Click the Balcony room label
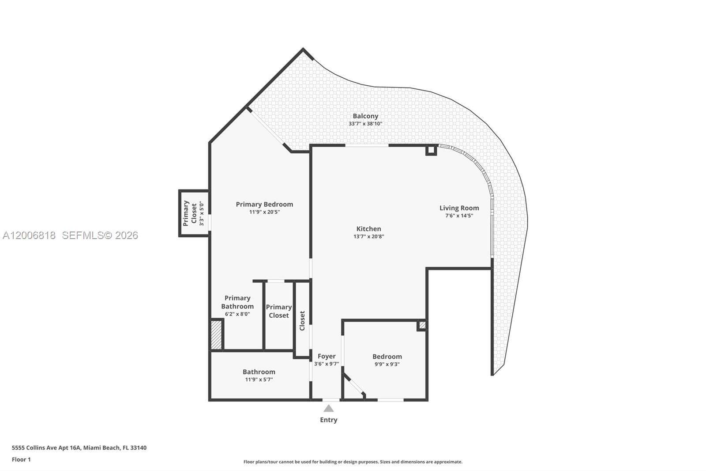pos(365,116)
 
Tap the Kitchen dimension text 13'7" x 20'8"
pos(369,236)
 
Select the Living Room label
pos(459,208)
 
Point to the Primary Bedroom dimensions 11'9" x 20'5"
pos(264,212)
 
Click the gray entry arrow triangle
pos(328,409)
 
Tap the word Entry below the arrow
pos(328,420)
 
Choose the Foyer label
pos(327,357)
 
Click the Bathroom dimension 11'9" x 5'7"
pos(259,380)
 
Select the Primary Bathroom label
pos(237,302)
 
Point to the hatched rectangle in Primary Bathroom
pos(216,335)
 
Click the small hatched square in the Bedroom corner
pos(422,325)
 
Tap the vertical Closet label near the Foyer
pos(302,321)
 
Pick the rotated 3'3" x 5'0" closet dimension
pos(202,214)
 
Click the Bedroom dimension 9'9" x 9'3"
pos(387,364)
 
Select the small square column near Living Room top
pos(431,150)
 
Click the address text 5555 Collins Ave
pos(34,448)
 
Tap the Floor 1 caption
pos(22,460)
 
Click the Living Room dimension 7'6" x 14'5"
pos(459,216)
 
